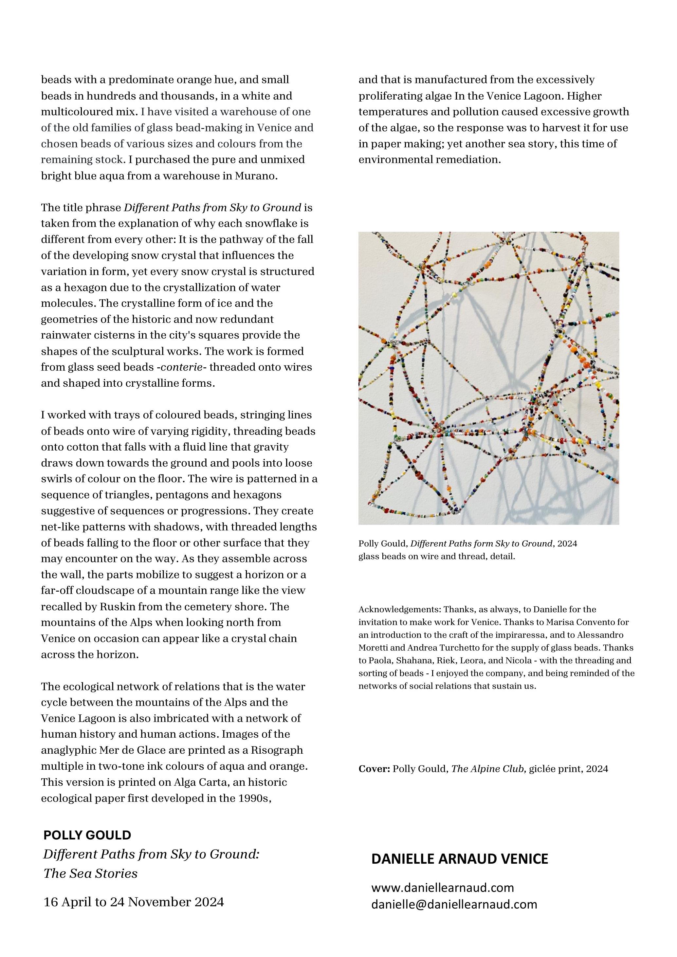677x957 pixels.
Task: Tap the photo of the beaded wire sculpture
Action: click(x=488, y=378)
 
